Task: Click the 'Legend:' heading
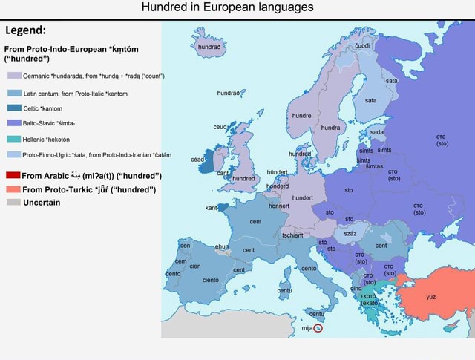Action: [27, 31]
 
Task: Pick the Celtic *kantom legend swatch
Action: [14, 108]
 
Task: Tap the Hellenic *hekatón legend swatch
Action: [14, 139]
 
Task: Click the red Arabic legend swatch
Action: [13, 176]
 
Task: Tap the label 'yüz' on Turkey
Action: [431, 297]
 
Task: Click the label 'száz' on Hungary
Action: [350, 234]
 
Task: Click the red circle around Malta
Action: [318, 327]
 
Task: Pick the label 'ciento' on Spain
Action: [210, 280]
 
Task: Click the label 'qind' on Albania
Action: [356, 288]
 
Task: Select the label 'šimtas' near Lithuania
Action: [374, 166]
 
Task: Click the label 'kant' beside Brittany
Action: [210, 208]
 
